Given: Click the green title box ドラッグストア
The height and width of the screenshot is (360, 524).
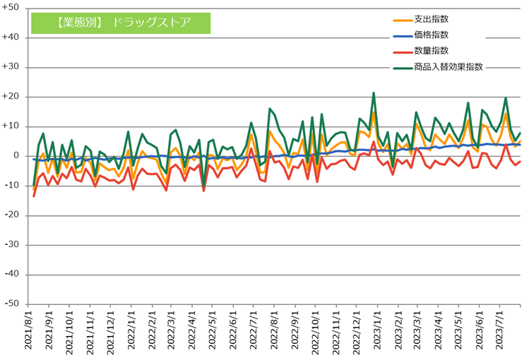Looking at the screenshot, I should [121, 22].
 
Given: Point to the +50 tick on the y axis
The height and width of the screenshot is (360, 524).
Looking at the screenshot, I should [14, 8].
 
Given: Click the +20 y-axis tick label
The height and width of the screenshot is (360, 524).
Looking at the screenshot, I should [14, 97].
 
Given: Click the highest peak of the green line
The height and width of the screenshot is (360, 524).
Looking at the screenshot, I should [374, 92].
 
